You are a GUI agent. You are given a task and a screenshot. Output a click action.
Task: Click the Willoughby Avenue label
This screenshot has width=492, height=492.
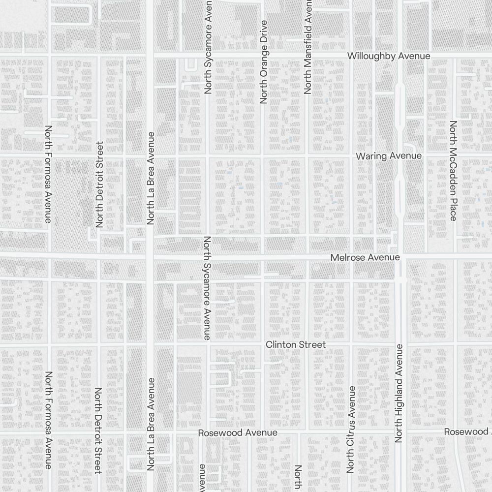389,56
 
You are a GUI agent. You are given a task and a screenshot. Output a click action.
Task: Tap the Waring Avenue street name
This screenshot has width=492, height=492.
389,156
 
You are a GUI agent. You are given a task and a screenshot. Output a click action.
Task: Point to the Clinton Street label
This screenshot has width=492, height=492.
296,345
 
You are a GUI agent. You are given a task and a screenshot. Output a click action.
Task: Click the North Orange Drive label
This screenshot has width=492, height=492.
263,62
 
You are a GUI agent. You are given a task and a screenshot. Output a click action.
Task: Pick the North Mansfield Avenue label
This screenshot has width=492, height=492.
308,47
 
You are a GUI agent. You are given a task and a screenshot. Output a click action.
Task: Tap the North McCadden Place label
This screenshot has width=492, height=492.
453,171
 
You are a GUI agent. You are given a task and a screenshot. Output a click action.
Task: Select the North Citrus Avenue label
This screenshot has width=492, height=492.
351,429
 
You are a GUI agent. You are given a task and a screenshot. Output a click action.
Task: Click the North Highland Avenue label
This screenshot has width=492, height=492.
399,394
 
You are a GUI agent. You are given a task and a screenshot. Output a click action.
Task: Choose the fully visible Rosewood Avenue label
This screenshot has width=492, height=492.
238,433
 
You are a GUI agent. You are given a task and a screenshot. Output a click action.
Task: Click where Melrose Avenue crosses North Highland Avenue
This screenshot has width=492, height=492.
400,257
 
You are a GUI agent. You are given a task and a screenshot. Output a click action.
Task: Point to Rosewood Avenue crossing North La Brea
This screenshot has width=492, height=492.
151,433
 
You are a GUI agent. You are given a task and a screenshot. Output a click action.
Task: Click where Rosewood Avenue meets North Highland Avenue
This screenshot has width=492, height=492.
400,432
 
